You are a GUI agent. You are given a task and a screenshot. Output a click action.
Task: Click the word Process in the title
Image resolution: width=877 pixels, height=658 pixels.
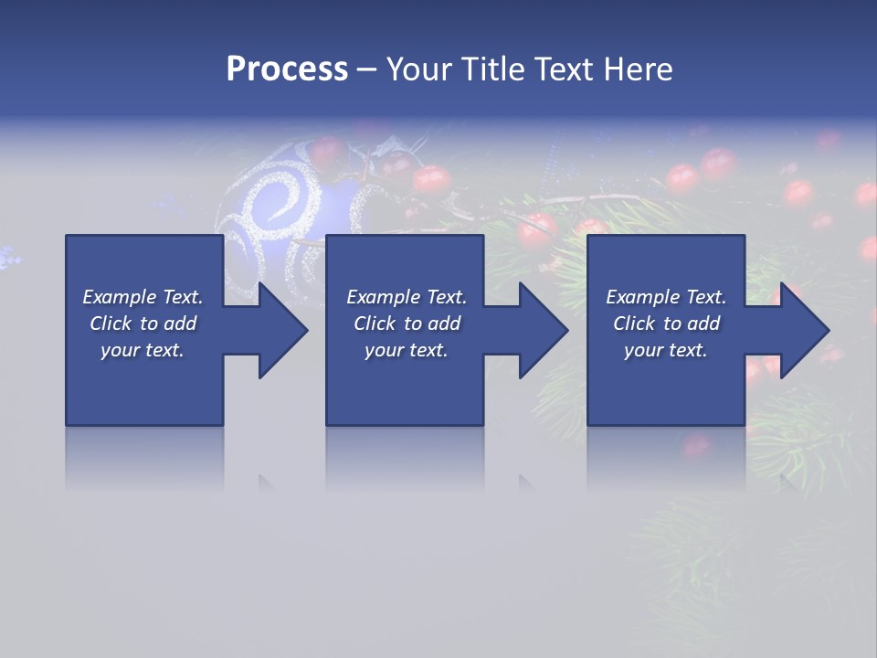click(x=287, y=69)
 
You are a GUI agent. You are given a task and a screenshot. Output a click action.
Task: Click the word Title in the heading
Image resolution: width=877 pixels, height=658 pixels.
click(x=491, y=69)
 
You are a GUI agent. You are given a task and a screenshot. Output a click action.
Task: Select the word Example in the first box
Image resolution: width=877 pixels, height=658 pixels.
click(x=120, y=297)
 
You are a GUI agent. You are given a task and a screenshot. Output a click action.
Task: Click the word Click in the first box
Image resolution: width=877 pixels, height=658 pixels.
click(x=111, y=324)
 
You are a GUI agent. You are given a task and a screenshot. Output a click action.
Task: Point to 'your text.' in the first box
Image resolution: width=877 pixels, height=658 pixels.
click(x=143, y=350)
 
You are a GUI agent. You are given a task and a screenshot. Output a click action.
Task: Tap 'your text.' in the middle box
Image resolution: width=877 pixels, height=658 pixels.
click(x=406, y=350)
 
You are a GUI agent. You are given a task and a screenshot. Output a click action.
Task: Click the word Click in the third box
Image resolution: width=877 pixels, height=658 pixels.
click(x=635, y=324)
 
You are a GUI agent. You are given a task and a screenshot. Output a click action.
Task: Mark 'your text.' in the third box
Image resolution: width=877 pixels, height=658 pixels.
click(x=665, y=350)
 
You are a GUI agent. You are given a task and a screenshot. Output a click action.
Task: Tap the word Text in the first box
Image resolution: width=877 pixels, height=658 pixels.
click(x=181, y=297)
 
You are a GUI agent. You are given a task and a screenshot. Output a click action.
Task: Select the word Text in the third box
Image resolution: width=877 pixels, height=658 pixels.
click(x=704, y=297)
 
